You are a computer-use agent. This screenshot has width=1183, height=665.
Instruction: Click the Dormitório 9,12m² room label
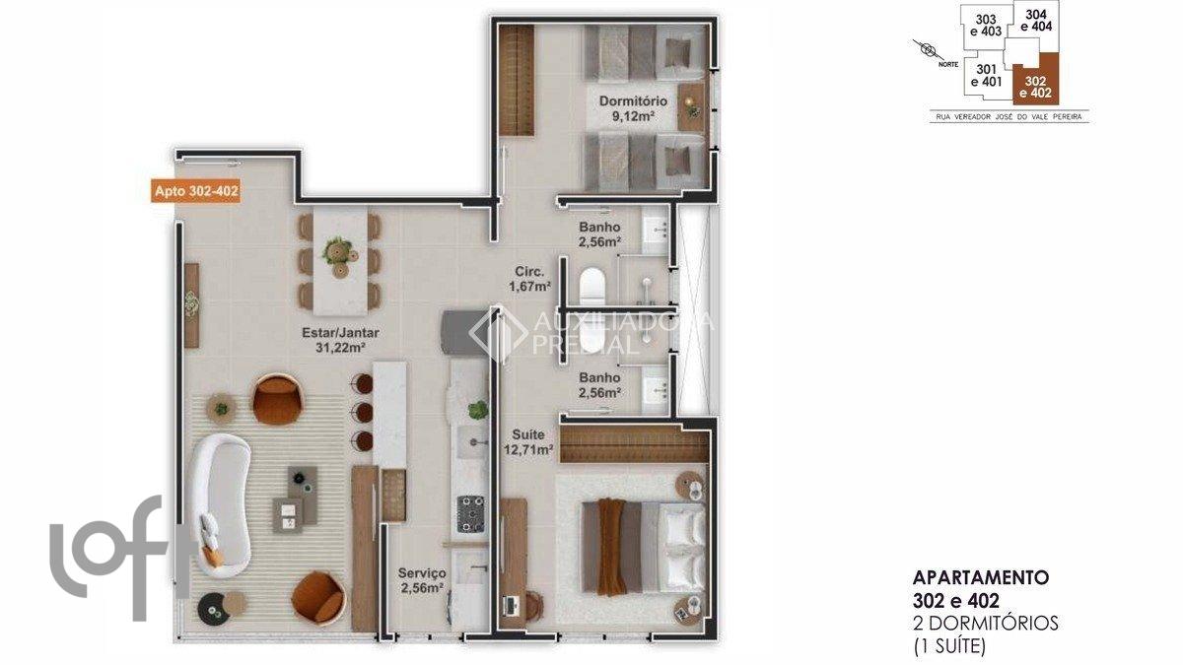[633, 108]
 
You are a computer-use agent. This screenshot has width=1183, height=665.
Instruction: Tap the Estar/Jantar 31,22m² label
[341, 340]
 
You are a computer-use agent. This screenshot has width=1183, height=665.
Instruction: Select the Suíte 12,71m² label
[528, 442]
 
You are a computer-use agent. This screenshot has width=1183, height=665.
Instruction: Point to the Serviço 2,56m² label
[422, 580]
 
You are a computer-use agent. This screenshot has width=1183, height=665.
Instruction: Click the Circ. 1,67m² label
[529, 279]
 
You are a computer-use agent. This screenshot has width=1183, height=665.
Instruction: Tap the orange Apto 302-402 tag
[196, 191]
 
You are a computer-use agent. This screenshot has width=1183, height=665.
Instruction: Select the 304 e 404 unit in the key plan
[1036, 20]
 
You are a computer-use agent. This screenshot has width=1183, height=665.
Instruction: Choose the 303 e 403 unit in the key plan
[986, 26]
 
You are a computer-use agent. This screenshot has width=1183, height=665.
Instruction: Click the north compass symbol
[927, 49]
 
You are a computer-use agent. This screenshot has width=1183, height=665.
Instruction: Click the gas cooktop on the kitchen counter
[470, 513]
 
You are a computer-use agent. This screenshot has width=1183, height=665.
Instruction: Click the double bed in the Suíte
[644, 548]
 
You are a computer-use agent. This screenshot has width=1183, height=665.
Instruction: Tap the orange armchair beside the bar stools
[277, 400]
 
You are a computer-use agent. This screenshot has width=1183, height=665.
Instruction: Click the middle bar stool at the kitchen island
[364, 412]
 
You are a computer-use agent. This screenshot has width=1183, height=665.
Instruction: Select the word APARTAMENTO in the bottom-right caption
[981, 577]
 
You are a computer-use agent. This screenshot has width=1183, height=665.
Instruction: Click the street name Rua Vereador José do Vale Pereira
[1009, 116]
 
